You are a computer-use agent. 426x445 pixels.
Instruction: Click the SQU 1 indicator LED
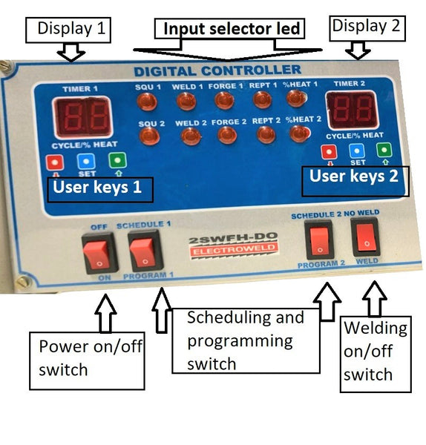point(147,102)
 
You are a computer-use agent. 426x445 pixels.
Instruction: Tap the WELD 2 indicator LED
point(191,136)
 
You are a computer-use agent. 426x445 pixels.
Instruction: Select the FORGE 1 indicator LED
point(224,100)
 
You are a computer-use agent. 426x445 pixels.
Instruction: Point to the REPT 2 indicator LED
point(266,134)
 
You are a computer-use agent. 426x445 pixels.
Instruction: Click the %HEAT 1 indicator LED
point(297,98)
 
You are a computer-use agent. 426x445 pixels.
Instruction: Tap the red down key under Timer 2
point(330,151)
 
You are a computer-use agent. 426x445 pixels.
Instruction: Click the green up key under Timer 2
point(384,150)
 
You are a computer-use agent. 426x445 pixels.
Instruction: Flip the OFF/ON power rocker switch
point(99,254)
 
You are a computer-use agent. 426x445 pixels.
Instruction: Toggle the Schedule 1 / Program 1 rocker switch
point(145,251)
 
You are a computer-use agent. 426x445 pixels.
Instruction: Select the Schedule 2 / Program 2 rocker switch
point(320,240)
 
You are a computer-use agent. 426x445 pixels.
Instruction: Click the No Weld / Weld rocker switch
point(366,237)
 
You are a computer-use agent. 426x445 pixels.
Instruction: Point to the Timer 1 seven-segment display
point(83,117)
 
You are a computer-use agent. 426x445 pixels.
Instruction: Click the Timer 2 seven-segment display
point(353,110)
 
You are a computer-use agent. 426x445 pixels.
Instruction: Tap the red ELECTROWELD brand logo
point(234,249)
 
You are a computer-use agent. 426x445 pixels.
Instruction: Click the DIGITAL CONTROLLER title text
point(217,71)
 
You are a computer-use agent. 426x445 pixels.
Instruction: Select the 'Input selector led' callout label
point(229,29)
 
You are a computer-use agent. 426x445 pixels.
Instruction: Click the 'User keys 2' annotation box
point(355,182)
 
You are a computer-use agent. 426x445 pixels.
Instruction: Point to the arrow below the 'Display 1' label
point(71,52)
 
